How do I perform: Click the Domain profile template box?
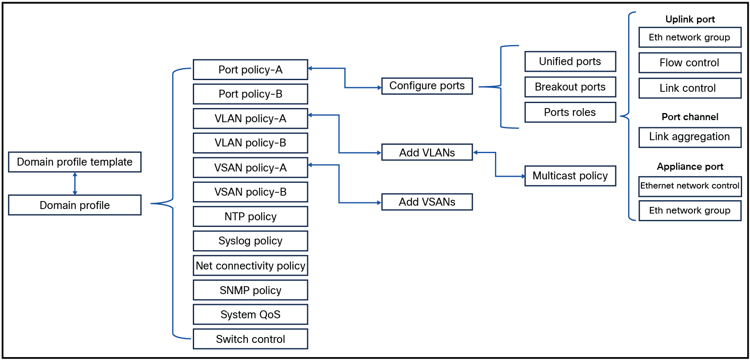[x=75, y=162]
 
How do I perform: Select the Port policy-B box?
[x=250, y=94]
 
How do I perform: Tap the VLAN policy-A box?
[x=250, y=118]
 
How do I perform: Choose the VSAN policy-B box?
[x=250, y=192]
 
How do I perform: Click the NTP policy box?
[x=250, y=217]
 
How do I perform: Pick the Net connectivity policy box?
[x=250, y=266]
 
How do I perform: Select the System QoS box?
[x=250, y=315]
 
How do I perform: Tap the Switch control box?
[x=250, y=339]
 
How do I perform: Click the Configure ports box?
[x=427, y=86]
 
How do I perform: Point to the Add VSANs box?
[x=427, y=202]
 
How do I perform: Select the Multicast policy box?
[x=570, y=176]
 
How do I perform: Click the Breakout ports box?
[x=570, y=87]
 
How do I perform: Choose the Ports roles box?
[x=570, y=112]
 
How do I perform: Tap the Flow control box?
[x=690, y=63]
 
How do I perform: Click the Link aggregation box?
[x=690, y=137]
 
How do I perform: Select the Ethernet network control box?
[x=690, y=186]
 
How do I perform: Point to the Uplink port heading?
[x=690, y=19]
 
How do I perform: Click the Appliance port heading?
[x=690, y=166]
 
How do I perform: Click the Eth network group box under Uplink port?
[x=690, y=38]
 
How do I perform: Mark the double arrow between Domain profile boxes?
[x=75, y=184]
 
